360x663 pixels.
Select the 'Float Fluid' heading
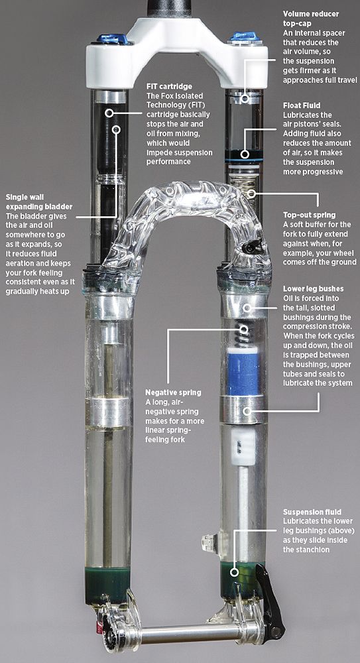point(302,105)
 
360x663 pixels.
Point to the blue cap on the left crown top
point(112,39)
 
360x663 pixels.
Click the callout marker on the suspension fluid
point(233,573)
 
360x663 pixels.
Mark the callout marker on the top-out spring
point(251,194)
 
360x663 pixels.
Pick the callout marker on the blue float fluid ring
point(244,154)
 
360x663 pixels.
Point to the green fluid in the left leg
point(107,584)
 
